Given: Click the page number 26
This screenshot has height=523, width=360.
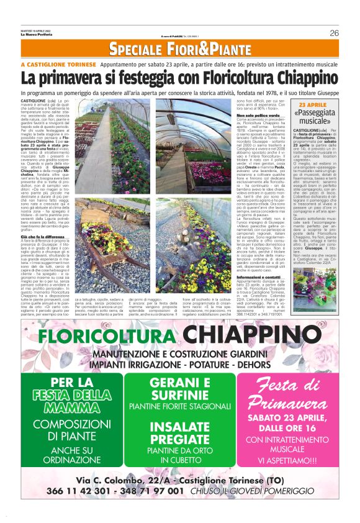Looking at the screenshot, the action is tap(334, 33).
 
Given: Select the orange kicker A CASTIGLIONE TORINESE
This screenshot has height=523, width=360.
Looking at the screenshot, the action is tap(57, 64).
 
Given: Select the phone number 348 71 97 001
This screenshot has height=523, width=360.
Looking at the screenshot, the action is tap(150, 491).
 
